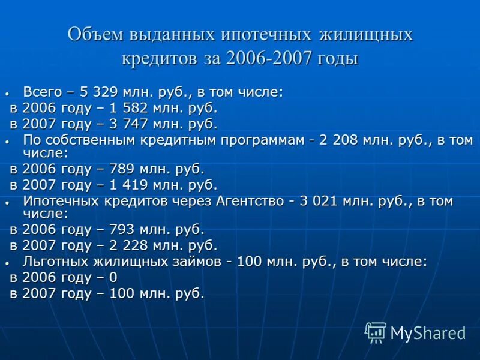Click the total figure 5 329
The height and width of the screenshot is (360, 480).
point(100,92)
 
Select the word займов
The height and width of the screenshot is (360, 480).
point(199,261)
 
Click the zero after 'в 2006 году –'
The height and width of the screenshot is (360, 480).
point(113,277)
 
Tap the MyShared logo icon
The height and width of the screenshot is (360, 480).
point(376,332)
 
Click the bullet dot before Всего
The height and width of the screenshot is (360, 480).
point(7,94)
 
